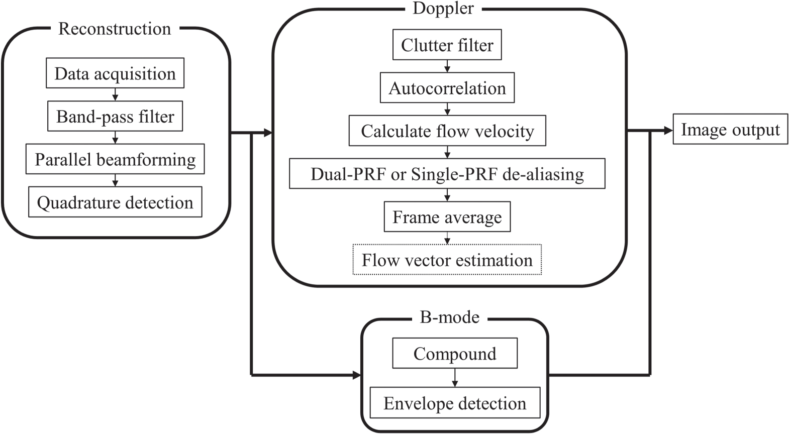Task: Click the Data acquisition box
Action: click(x=115, y=74)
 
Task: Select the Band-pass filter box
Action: click(x=115, y=117)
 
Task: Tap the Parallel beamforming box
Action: click(x=115, y=160)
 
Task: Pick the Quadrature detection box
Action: click(x=115, y=202)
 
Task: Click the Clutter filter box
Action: click(x=447, y=45)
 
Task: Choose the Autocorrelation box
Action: click(x=447, y=88)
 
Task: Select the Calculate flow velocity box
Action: click(x=447, y=131)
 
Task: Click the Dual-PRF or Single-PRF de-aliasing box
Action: click(x=447, y=174)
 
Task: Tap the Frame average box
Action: click(x=447, y=217)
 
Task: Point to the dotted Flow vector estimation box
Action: click(x=447, y=260)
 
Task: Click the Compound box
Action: click(x=454, y=354)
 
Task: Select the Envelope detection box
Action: click(x=454, y=403)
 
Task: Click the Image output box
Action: click(x=730, y=130)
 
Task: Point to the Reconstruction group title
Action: click(x=115, y=29)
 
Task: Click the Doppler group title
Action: click(x=443, y=9)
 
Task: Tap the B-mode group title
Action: click(x=449, y=317)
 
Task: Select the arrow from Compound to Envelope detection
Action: click(x=454, y=378)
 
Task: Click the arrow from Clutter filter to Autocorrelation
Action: click(x=447, y=66)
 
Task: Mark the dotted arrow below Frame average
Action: click(x=447, y=238)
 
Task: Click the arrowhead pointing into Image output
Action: click(x=668, y=131)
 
